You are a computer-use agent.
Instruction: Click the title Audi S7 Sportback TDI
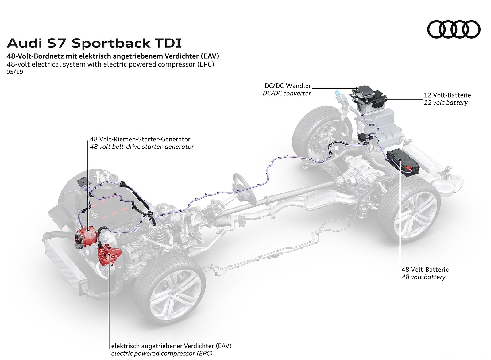click(x=94, y=43)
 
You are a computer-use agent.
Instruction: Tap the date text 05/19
click(x=15, y=72)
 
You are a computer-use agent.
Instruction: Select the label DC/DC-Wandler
click(x=288, y=86)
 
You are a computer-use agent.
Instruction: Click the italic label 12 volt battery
click(x=446, y=103)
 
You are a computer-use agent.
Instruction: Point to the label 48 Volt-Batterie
click(x=425, y=270)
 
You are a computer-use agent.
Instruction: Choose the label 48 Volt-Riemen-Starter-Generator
click(x=140, y=139)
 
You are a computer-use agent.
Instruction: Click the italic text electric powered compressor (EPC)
click(x=162, y=353)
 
